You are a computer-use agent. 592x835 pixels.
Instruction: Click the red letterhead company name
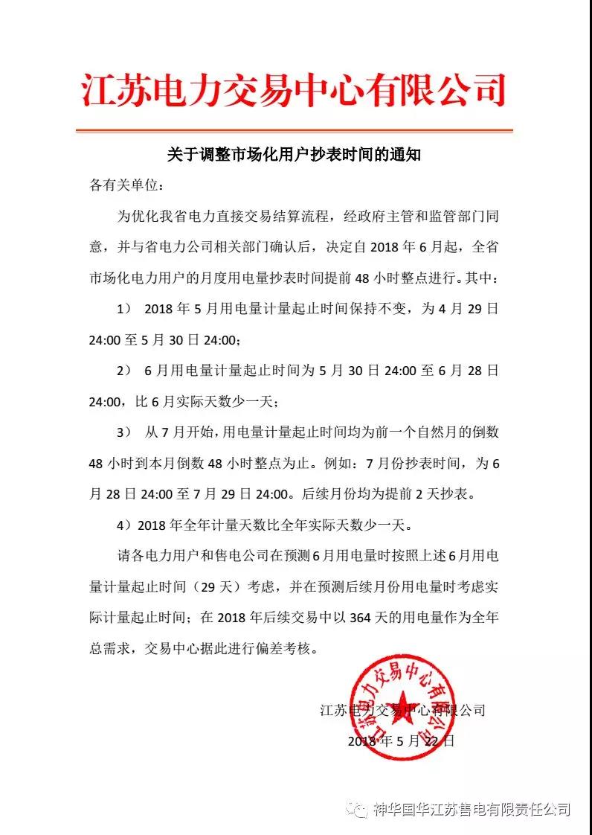[x=293, y=92]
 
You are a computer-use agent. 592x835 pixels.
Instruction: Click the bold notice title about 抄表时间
[x=295, y=155]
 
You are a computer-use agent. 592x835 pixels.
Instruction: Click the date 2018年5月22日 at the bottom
[x=401, y=741]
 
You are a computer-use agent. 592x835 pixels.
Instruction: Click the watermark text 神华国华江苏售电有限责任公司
[x=472, y=809]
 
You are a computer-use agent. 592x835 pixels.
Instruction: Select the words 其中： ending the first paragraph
[x=484, y=278]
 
